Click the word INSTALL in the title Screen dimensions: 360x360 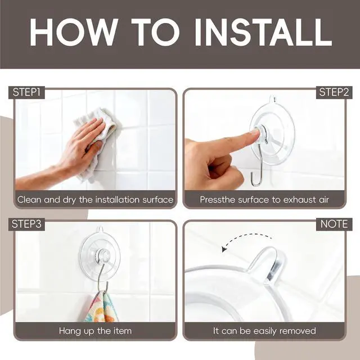click(x=263, y=33)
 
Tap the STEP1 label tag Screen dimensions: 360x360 click(x=26, y=92)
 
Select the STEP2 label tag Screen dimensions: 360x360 click(x=334, y=92)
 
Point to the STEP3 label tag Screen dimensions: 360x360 click(x=26, y=224)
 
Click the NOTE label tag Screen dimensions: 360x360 click(x=334, y=224)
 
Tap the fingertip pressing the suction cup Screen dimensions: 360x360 click(x=255, y=133)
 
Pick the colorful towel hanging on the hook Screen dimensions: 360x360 click(x=101, y=306)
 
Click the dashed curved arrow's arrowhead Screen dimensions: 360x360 click(x=224, y=249)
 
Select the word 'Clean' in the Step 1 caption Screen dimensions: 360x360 click(x=30, y=200)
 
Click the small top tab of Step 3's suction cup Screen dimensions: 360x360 click(x=100, y=229)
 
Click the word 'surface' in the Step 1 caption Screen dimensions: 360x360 click(x=157, y=200)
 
